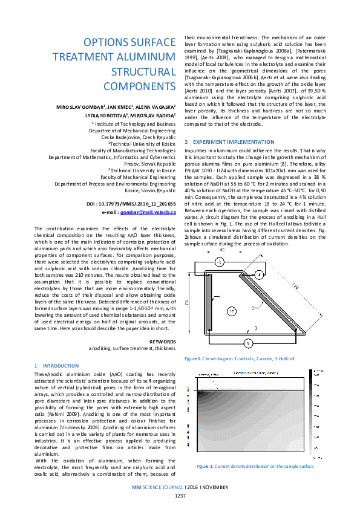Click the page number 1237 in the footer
[180, 495]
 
